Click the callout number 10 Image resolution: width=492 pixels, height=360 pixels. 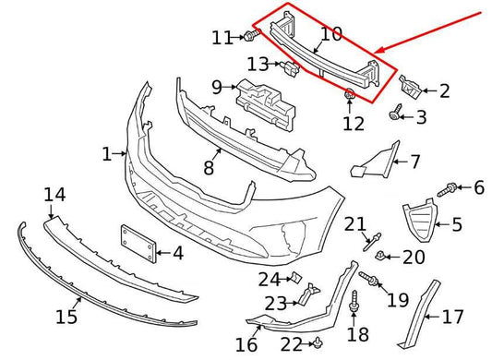coord(330,35)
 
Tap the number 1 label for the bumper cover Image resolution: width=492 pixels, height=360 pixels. coord(107,153)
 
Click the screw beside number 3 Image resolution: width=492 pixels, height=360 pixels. coord(398,113)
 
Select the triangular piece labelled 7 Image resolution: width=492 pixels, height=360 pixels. coord(374,164)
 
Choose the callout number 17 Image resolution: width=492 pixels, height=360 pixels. coord(453,317)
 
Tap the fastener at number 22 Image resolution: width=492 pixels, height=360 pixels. coord(317,343)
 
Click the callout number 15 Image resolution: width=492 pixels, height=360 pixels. coord(66,318)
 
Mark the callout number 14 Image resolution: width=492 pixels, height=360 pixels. coord(55,194)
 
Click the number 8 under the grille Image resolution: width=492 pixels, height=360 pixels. coord(209,167)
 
